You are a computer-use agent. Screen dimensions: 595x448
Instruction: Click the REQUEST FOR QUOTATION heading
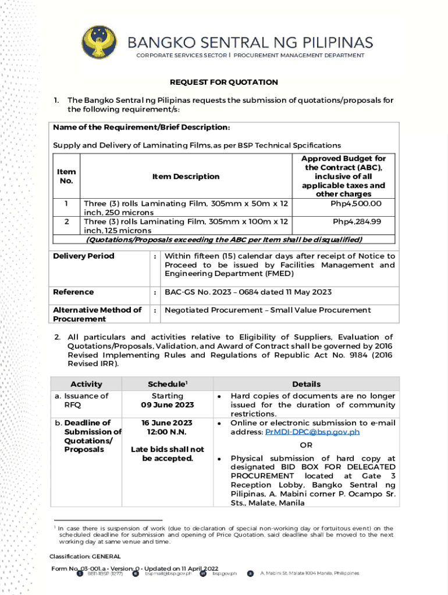pos(224,82)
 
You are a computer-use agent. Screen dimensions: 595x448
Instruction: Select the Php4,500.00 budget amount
pos(356,203)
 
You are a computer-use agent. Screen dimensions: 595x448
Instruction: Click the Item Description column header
pos(186,176)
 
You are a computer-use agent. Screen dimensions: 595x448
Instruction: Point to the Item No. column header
pos(66,176)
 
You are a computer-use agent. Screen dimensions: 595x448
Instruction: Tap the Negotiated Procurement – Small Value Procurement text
pos(267,310)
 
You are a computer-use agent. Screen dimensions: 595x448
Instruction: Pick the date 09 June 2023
pos(167,405)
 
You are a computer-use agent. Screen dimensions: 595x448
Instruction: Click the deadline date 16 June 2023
pos(167,423)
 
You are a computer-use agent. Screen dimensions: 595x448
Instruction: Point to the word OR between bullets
pos(306,445)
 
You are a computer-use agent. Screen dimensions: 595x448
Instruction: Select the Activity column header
pos(86,384)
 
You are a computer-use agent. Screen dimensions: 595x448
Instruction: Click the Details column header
pos(306,384)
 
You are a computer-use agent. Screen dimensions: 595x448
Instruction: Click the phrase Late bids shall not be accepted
pos(167,454)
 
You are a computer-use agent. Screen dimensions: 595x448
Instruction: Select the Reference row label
pos(73,292)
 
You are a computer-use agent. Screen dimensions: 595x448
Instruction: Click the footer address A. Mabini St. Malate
pos(309,574)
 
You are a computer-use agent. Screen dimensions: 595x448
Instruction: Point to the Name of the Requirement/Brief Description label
pos(141,127)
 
